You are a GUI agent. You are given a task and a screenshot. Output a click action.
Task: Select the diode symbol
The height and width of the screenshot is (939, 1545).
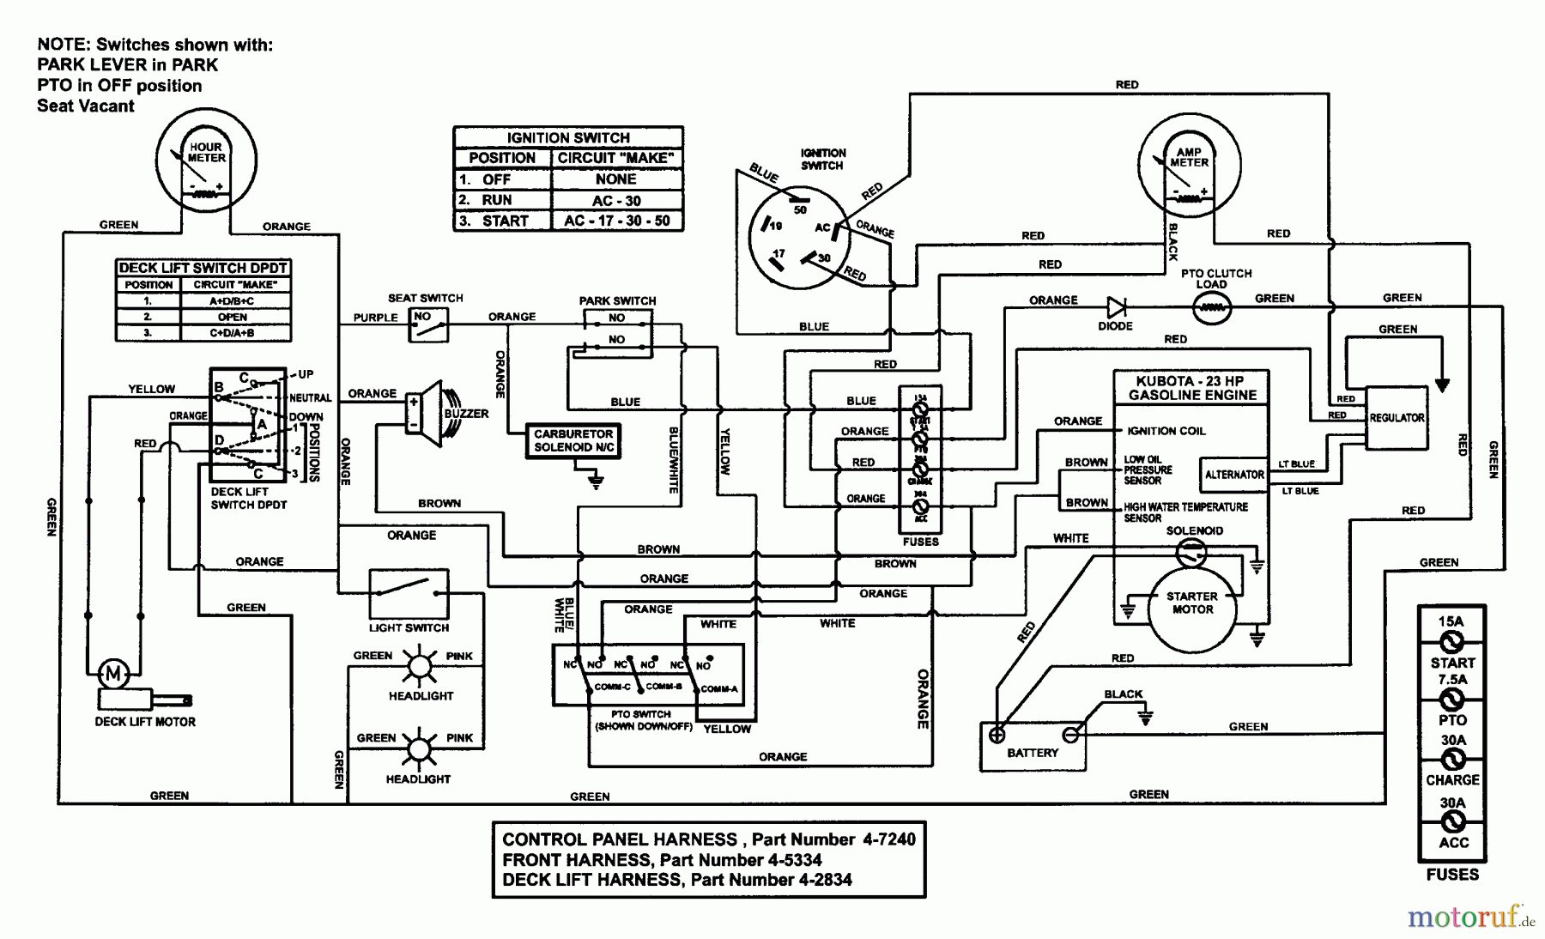coord(1116,307)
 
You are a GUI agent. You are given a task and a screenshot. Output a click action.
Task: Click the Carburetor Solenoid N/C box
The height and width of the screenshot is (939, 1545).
coord(573,440)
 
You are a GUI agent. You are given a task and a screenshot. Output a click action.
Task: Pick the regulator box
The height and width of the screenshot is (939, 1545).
coord(1396,418)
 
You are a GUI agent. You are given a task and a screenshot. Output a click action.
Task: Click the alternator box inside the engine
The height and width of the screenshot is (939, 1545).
coord(1233,475)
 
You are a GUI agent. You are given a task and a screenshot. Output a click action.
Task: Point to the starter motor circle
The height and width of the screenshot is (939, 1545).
coord(1192,603)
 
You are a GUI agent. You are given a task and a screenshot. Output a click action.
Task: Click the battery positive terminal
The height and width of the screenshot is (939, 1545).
coord(997,735)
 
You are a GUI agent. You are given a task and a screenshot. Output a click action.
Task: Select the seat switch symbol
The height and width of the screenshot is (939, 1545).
coord(427,325)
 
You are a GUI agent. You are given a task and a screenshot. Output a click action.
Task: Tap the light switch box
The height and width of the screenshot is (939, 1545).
coord(409,592)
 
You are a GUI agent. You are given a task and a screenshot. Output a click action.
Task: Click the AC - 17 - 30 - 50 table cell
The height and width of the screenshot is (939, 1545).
coord(616,221)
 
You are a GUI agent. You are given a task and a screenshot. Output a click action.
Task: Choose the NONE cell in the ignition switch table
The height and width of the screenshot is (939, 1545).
coord(616,179)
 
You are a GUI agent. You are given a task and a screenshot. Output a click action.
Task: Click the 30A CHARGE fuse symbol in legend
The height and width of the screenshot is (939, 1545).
coord(1452,760)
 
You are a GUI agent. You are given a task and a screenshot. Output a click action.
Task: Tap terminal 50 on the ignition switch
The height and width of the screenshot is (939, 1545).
coord(799,199)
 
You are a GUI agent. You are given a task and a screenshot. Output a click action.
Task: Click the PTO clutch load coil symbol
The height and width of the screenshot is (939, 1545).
coord(1211,307)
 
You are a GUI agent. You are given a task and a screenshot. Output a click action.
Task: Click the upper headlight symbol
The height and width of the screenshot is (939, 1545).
coord(420,667)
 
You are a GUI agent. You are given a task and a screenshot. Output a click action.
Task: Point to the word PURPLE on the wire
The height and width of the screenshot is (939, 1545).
coord(375,318)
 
